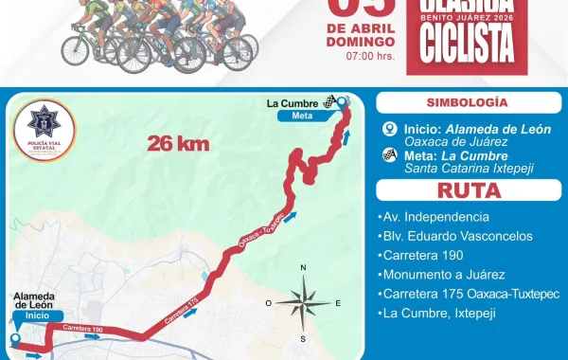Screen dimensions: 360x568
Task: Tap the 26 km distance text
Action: pyautogui.click(x=177, y=143)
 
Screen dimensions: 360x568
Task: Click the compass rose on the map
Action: pyautogui.click(x=303, y=304)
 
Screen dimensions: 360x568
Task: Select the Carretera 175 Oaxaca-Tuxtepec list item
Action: pyautogui.click(x=472, y=294)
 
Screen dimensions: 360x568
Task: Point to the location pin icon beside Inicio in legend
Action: pyautogui.click(x=388, y=131)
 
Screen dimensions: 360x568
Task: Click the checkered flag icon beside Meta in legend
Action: pyautogui.click(x=388, y=157)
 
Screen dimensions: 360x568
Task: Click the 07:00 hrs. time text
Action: pyautogui.click(x=369, y=57)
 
